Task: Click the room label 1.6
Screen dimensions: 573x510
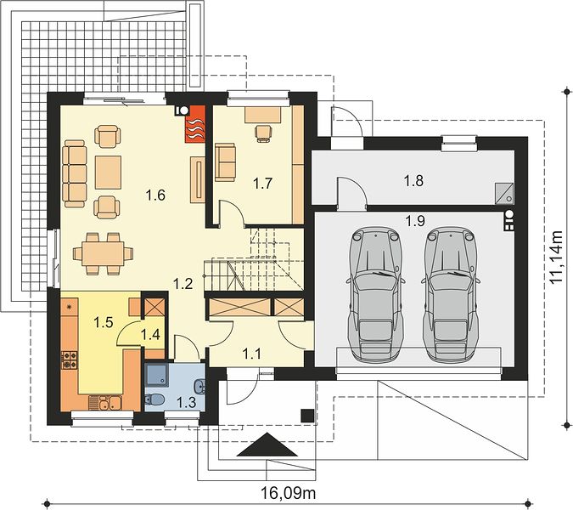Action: coord(155,195)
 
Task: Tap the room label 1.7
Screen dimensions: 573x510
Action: coord(263,183)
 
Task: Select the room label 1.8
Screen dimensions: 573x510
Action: coord(413,180)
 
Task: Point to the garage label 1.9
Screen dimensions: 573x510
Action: coord(415,221)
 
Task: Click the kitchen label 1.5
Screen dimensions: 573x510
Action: coord(104,322)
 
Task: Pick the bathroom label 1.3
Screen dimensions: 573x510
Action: coord(187,402)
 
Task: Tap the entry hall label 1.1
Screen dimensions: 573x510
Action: coord(252,354)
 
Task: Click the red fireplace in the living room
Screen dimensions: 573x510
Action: coord(195,123)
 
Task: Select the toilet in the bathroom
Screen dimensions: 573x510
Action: coord(154,399)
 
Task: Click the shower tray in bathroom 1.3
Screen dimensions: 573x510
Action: coord(157,376)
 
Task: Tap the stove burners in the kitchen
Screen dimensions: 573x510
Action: coord(69,360)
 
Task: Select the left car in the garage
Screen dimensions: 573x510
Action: coord(376,294)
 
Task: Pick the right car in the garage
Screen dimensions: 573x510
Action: coord(451,294)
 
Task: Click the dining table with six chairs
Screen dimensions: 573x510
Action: coord(103,253)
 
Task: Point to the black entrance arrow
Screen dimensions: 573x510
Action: coord(267,445)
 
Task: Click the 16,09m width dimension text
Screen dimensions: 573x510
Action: coord(289,493)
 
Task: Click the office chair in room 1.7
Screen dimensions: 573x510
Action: coord(263,133)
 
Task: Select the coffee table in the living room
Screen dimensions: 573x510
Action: coord(108,173)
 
